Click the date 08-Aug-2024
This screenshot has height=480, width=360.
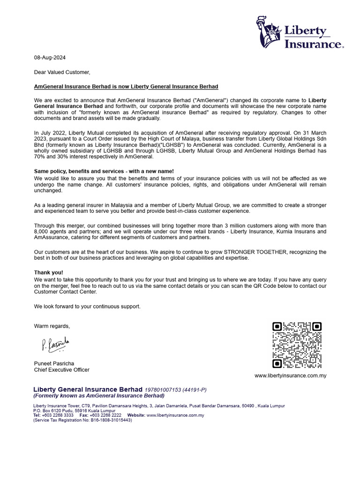pos(50,58)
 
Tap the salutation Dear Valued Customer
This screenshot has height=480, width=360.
pos(62,72)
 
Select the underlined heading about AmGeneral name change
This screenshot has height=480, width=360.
pos(126,87)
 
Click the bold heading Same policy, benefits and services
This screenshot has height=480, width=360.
pos(104,172)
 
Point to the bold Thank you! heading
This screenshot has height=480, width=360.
pos(48,272)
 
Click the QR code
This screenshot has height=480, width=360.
pos(297,345)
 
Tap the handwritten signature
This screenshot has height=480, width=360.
pos(55,345)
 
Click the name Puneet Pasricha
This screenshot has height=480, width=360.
pos(54,363)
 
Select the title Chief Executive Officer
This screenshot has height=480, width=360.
pos(61,370)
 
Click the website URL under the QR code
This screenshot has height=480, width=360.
pos(290,375)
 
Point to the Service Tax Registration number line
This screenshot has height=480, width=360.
pos(82,420)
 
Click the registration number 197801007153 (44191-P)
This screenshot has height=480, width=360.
pos(175,390)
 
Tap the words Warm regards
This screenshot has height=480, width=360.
pos(52,326)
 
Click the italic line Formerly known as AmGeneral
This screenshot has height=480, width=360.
pos(99,396)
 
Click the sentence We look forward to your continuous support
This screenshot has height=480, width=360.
pos(87,307)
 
